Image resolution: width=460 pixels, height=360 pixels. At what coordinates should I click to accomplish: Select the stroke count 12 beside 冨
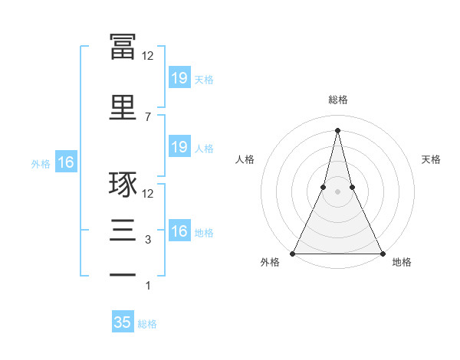148,56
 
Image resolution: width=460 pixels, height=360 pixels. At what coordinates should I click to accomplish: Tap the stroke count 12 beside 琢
148,194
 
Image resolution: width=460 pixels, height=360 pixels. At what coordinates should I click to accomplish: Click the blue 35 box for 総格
123,322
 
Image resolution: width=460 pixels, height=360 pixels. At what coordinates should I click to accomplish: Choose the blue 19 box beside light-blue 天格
179,77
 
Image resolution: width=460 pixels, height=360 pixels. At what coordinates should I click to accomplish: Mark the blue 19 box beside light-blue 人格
179,147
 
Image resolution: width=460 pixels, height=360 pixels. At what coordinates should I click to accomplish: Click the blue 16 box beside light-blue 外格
65,162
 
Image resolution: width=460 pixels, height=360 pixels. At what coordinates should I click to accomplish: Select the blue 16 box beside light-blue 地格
179,231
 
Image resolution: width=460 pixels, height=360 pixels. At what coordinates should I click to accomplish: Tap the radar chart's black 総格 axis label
337,100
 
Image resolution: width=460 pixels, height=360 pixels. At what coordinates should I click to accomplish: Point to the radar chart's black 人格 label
245,159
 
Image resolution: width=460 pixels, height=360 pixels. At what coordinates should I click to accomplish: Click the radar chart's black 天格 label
431,159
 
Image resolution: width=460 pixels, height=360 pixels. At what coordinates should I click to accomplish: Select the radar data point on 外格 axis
293,253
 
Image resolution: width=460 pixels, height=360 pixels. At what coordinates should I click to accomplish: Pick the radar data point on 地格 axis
382,253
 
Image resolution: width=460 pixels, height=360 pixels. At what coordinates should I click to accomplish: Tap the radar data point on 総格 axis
337,129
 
